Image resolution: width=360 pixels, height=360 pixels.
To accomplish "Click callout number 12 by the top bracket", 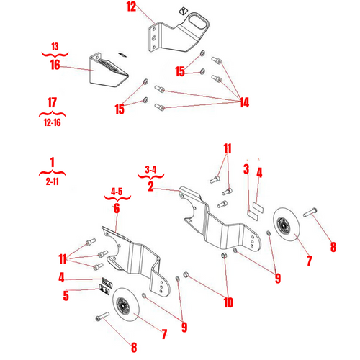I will point(130,8).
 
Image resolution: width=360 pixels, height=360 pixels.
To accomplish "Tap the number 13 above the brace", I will point(55,47).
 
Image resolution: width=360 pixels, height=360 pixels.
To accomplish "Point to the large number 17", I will point(51,103).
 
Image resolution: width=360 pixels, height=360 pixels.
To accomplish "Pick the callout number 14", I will point(243,103).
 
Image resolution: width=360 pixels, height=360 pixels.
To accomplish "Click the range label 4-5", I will point(116,192).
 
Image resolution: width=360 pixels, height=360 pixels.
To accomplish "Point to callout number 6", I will point(115,208).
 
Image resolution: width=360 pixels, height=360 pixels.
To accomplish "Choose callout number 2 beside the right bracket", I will point(150,186).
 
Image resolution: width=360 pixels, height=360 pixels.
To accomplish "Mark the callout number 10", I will point(228,303).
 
